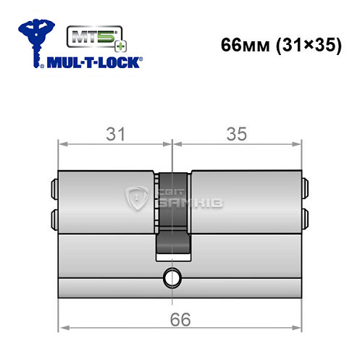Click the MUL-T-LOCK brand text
pos(93,64)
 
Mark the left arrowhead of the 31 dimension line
pos(62,143)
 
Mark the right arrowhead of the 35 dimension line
pos(296,143)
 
